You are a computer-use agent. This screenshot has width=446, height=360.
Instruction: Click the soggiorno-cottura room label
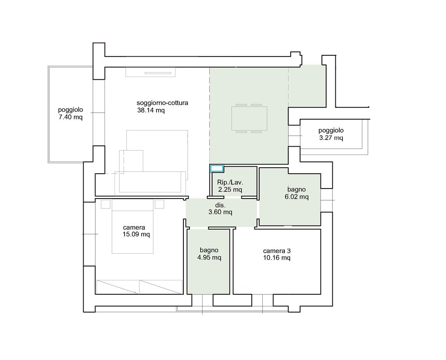(162, 103)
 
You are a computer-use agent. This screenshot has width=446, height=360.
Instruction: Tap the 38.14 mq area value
(151, 110)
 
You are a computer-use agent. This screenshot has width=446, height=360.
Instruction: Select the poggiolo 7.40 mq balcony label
(71, 113)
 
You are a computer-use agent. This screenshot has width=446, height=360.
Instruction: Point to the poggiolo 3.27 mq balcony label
(331, 134)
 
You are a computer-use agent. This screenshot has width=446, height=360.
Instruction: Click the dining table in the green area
(249, 118)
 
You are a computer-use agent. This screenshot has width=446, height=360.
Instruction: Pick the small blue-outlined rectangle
(217, 168)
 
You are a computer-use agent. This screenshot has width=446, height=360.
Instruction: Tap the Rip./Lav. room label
(230, 182)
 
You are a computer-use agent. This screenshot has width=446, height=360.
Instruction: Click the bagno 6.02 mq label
(296, 193)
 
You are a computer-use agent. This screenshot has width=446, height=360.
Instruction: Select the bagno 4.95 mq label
(209, 254)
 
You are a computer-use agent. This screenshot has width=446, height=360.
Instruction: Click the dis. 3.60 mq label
(220, 209)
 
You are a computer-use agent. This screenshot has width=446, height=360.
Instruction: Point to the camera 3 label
(277, 251)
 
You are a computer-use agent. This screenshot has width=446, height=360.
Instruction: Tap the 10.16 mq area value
(277, 258)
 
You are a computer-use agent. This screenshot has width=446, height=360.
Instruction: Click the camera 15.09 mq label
(136, 231)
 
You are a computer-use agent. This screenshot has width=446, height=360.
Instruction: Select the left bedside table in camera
(105, 204)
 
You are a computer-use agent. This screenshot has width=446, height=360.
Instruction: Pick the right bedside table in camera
(159, 204)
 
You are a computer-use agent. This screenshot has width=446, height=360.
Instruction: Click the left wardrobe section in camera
(118, 287)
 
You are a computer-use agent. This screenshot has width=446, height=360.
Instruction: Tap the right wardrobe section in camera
(161, 287)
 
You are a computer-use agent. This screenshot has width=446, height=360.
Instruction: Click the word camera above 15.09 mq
(134, 228)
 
